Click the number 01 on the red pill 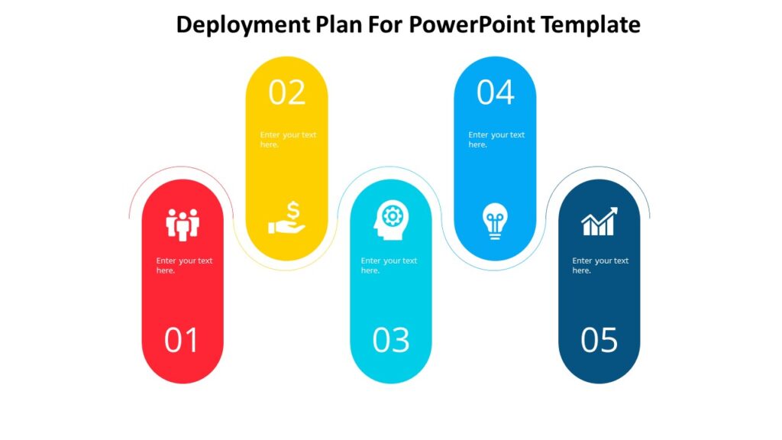182,341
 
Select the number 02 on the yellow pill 286,92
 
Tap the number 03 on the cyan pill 391,341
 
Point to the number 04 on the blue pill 496,92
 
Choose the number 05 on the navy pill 599,341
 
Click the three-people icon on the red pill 183,223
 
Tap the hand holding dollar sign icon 287,218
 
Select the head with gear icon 390,220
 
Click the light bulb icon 495,221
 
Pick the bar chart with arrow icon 599,222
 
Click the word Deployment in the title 242,25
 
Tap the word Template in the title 591,25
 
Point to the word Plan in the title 337,25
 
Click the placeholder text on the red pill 184,265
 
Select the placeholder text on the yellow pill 287,139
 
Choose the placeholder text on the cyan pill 389,265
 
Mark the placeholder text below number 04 496,139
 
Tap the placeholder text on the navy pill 600,265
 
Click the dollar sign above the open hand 293,209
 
